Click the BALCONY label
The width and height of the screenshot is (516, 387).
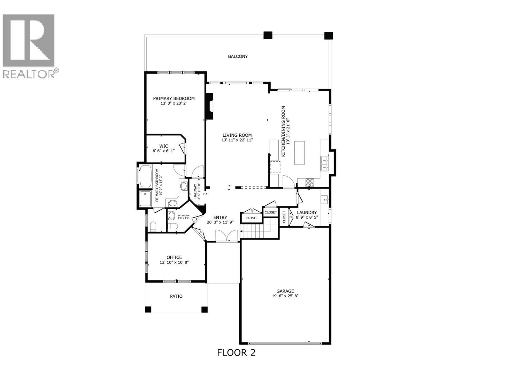coord(238,56)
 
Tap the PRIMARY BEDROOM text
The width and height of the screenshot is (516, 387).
coord(174,98)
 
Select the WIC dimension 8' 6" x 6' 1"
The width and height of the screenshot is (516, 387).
coord(164,151)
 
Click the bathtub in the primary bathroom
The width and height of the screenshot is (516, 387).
coord(146,176)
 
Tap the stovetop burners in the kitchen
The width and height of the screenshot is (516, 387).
coord(310,183)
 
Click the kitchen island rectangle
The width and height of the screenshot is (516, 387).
coord(300,153)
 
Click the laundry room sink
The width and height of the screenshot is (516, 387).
coord(324,200)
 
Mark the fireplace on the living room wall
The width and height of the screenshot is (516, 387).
coord(210,106)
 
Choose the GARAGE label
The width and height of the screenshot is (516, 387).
coord(285,291)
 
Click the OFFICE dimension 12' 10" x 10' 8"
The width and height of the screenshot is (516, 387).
coord(174,263)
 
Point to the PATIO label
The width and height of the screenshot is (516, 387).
coord(176,296)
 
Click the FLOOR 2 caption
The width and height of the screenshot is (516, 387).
coord(236,352)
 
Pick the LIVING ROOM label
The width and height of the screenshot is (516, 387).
coord(237,135)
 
